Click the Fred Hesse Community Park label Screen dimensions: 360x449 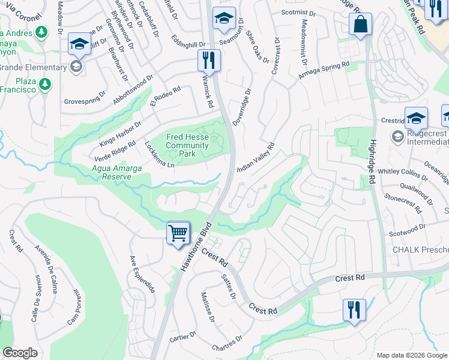click(187, 145)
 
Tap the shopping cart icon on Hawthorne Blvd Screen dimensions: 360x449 click(178, 232)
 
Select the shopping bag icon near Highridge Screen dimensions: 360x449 click(360, 26)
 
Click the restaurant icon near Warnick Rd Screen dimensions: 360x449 click(209, 61)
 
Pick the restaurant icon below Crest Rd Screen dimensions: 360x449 click(354, 310)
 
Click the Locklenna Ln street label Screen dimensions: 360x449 click(159, 155)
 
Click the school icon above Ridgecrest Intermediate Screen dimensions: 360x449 click(416, 118)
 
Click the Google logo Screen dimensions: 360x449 click(20, 353)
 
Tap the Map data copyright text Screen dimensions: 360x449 click(412, 355)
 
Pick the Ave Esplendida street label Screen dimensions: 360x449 click(143, 275)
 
